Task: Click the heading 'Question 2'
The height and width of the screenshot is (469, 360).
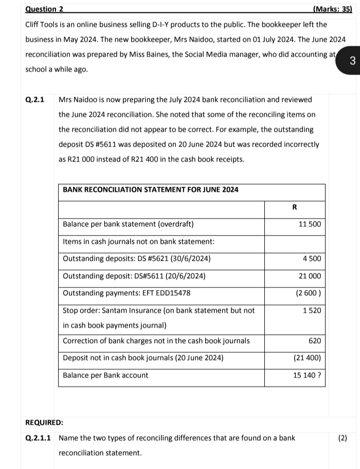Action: (44, 9)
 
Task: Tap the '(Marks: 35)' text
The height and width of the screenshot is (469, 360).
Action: (332, 9)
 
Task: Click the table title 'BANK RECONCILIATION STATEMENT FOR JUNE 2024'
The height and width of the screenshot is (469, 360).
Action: (150, 190)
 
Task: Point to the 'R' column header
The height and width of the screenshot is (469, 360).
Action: (294, 207)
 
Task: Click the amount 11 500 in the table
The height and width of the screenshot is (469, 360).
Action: (310, 224)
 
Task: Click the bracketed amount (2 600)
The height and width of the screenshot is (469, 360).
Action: (309, 293)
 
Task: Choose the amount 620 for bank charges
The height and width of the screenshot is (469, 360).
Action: (314, 340)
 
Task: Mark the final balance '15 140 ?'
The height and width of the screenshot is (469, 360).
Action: (307, 375)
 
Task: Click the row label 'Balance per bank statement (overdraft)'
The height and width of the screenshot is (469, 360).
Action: (128, 224)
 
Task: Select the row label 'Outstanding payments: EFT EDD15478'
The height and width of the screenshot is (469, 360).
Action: (127, 293)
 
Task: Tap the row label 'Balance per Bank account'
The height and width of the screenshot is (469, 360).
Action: (105, 375)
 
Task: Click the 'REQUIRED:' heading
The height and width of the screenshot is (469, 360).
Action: (44, 423)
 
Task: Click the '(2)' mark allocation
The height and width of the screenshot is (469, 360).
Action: (343, 438)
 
